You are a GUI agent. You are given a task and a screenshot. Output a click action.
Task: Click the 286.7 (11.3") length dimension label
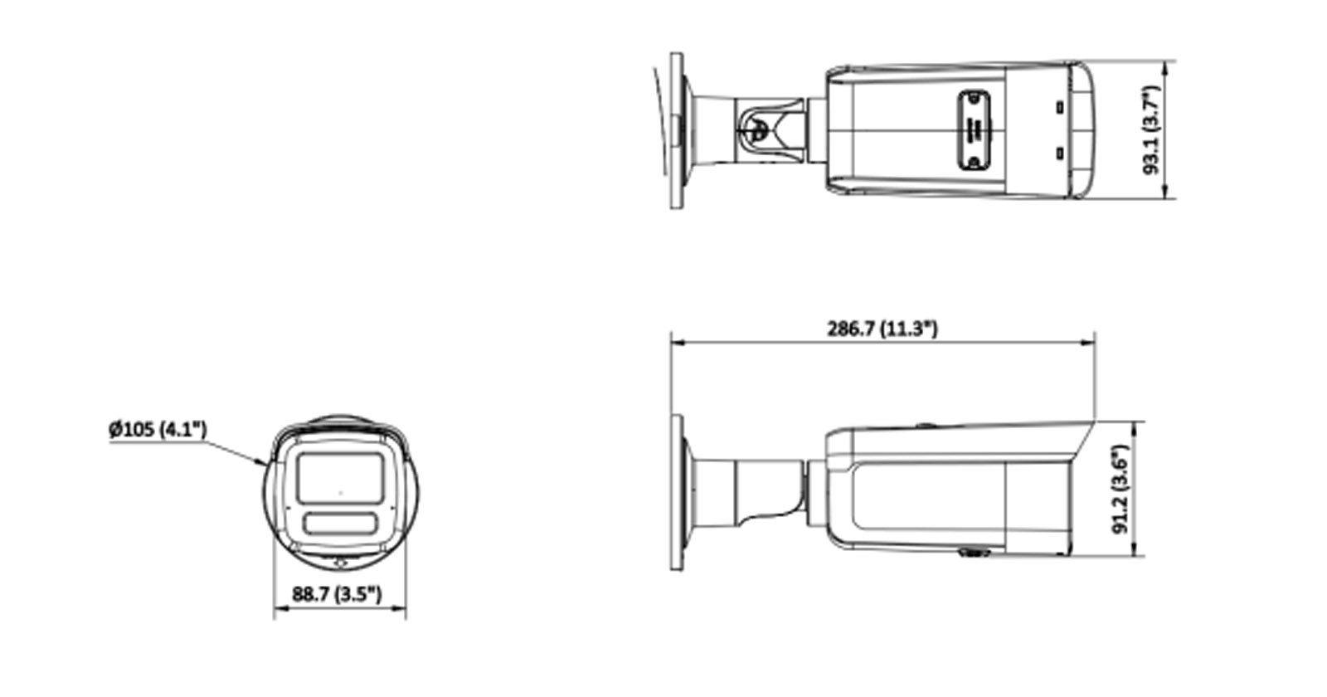click(882, 329)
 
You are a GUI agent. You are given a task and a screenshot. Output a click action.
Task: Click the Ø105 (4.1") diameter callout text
click(158, 430)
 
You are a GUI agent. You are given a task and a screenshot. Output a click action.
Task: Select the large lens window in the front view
click(340, 477)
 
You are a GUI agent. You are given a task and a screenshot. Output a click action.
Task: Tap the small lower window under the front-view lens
click(340, 524)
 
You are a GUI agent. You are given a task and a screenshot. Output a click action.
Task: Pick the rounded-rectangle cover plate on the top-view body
click(975, 130)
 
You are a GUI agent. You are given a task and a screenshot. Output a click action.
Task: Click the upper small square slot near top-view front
click(1058, 107)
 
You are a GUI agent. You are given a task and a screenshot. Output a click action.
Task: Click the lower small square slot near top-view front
click(1058, 154)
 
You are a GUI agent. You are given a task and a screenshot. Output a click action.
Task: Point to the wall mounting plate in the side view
click(677, 491)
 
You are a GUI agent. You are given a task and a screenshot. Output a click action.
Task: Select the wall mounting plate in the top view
click(677, 130)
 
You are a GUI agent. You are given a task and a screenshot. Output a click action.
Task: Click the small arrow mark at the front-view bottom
click(339, 563)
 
